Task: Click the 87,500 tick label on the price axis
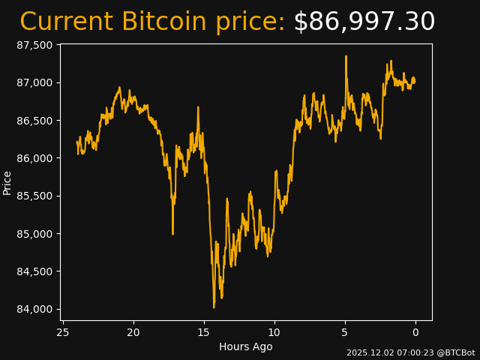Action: click(x=36, y=45)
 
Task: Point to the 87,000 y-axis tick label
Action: click(x=36, y=82)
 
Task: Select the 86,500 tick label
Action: click(x=36, y=121)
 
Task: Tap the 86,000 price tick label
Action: click(x=36, y=158)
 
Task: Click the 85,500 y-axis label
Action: click(x=36, y=196)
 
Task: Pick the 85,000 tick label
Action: click(x=36, y=234)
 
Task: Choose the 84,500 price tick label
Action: click(x=36, y=271)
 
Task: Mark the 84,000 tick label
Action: click(x=36, y=309)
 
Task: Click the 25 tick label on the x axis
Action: click(x=63, y=333)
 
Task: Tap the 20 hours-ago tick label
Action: click(x=133, y=333)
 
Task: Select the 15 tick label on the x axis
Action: click(x=204, y=333)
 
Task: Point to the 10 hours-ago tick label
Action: click(x=274, y=333)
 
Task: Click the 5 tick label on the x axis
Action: click(x=345, y=333)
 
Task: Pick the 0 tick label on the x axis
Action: click(x=415, y=333)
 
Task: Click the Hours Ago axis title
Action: click(x=246, y=346)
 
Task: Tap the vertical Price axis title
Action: click(x=7, y=182)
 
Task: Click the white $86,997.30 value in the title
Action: click(x=364, y=22)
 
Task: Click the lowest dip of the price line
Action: click(x=214, y=307)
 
